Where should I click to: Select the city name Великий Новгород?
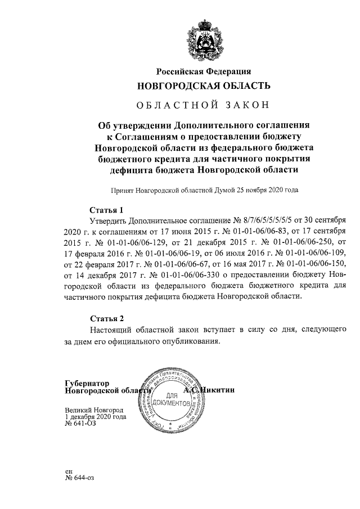coord(93,411)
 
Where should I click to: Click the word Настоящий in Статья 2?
coord(113,329)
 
